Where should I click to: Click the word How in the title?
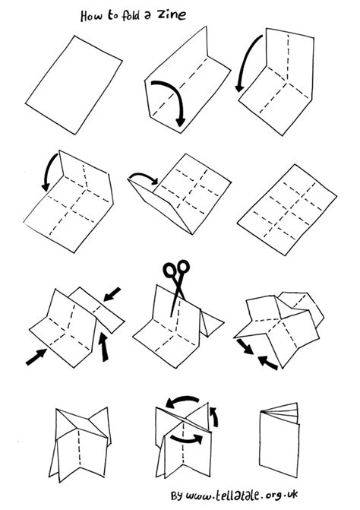tap(92, 17)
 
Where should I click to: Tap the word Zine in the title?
tap(175, 14)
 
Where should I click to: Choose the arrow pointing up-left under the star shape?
tap(268, 362)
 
